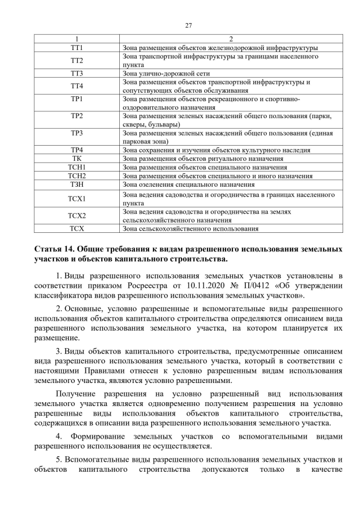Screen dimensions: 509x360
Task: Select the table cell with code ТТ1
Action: coord(77,48)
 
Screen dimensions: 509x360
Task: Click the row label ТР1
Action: coord(77,99)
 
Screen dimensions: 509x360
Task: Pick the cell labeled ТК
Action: coord(77,159)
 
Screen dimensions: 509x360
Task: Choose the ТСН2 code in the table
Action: coord(77,175)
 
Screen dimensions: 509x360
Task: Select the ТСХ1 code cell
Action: coord(77,198)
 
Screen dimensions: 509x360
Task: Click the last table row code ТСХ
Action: coord(77,229)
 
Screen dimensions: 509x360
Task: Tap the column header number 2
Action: coord(230,39)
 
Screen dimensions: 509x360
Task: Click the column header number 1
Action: coord(77,39)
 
